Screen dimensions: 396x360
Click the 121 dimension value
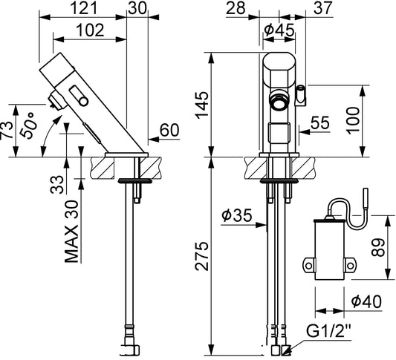pyautogui.click(x=84, y=8)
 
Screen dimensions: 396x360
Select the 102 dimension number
pyautogui.click(x=90, y=30)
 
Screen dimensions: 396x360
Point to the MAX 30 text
pyautogui.click(x=72, y=232)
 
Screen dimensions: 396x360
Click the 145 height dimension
pyautogui.click(x=202, y=105)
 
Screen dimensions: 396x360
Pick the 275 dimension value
pyautogui.click(x=202, y=256)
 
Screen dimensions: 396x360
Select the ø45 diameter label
pyautogui.click(x=279, y=30)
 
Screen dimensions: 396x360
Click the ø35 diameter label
pyautogui.click(x=237, y=215)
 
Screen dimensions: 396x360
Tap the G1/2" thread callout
pyautogui.click(x=329, y=331)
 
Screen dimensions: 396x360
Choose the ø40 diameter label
pyautogui.click(x=366, y=301)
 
